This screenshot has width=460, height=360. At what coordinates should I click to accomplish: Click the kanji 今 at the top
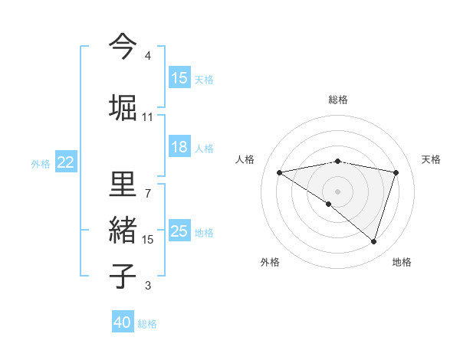pos(122,45)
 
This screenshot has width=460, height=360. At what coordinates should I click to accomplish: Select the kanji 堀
pos(122,106)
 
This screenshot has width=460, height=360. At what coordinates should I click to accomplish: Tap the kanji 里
pos(122,185)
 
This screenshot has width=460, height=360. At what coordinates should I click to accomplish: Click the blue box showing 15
pos(179,78)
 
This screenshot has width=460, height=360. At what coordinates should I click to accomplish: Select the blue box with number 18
pos(179,147)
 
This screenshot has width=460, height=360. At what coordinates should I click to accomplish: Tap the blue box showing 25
pos(179,231)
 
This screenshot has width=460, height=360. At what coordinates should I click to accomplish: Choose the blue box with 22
pos(66,162)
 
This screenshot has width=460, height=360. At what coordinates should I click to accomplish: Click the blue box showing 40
pos(123,322)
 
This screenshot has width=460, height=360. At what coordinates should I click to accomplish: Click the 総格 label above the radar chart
pos(337,100)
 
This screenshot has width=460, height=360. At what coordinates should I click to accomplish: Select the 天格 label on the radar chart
pos(431,159)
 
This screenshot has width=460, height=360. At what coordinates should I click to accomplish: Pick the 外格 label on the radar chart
pos(270,262)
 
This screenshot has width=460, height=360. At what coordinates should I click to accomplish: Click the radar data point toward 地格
pos(374,241)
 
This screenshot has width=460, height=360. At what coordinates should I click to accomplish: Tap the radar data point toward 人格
pos(279,172)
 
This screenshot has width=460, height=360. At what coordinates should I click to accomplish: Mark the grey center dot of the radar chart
pos(337,191)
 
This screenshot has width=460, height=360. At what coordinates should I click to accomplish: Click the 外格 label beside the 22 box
pos(40,163)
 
